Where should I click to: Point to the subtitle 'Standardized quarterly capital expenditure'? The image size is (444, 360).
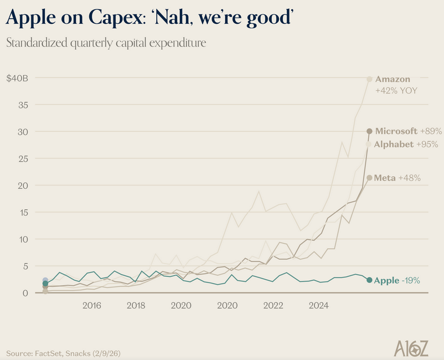(x=106, y=43)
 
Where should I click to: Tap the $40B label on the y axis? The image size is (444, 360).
(x=17, y=78)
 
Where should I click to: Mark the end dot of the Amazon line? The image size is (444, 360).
(x=369, y=79)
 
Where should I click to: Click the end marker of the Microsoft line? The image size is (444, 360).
(x=369, y=131)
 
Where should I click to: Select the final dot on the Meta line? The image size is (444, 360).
(x=369, y=178)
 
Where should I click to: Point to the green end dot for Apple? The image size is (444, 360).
(x=369, y=280)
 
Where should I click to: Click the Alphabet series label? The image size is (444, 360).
(x=394, y=145)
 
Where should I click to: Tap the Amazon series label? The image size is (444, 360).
(x=393, y=79)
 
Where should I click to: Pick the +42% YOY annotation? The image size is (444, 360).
(x=396, y=90)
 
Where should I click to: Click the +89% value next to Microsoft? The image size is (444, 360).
(x=431, y=131)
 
